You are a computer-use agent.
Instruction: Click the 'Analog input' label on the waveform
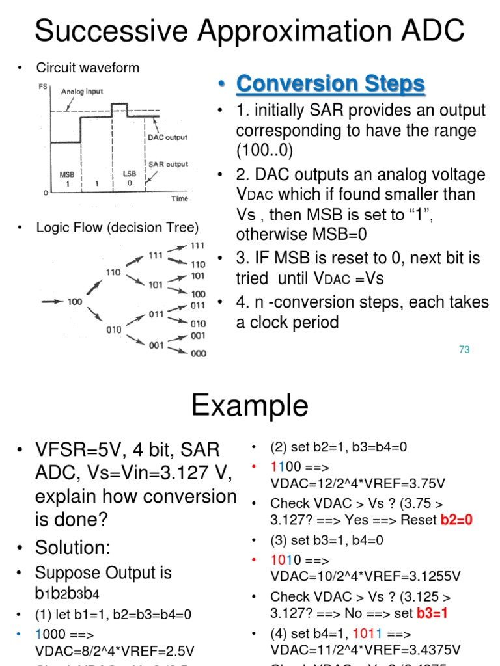click(82, 92)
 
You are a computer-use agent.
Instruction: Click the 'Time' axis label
click(179, 198)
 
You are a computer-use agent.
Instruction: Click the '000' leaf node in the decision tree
click(199, 353)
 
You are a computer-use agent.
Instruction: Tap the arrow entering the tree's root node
click(52, 302)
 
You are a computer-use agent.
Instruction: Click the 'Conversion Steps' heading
click(330, 84)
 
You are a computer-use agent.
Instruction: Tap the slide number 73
click(464, 349)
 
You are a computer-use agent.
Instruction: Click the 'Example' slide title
click(249, 406)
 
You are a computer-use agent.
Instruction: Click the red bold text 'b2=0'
click(456, 520)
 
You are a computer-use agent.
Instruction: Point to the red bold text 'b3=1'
click(432, 613)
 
